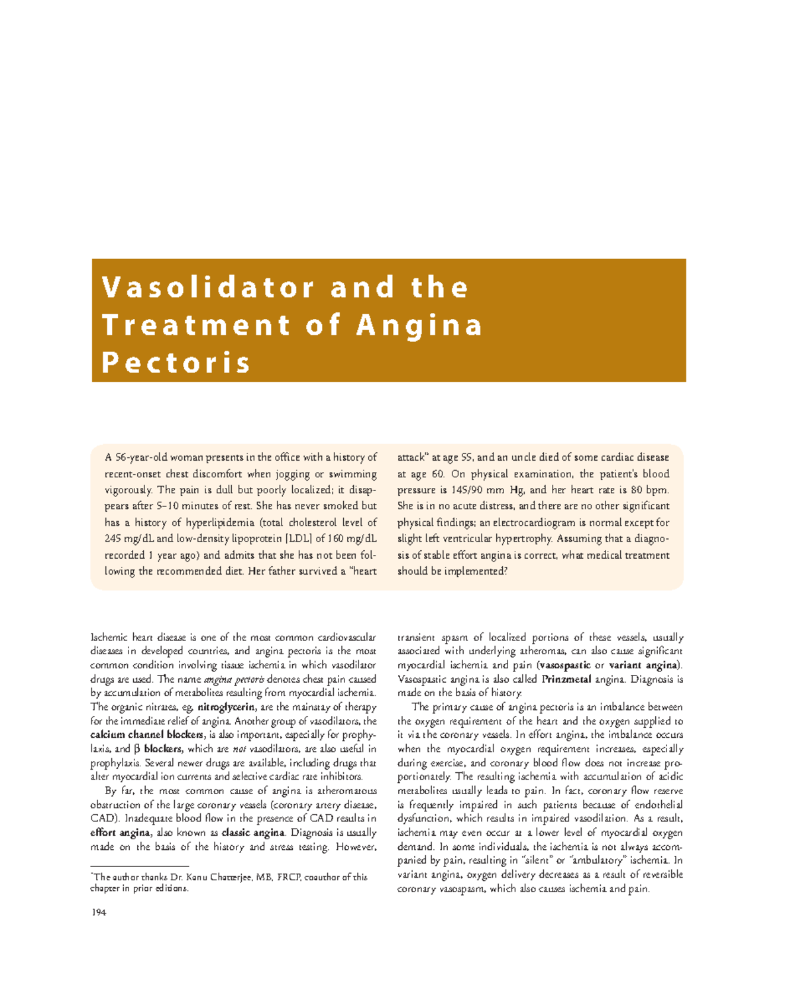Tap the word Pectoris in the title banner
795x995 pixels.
pos(176,363)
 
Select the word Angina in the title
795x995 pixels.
pos(419,325)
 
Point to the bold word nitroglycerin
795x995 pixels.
pos(226,707)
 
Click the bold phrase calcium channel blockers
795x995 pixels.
pos(146,734)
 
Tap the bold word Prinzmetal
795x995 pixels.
pos(566,679)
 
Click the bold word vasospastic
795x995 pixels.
pos(565,665)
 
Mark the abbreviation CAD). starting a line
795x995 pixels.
pos(105,819)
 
